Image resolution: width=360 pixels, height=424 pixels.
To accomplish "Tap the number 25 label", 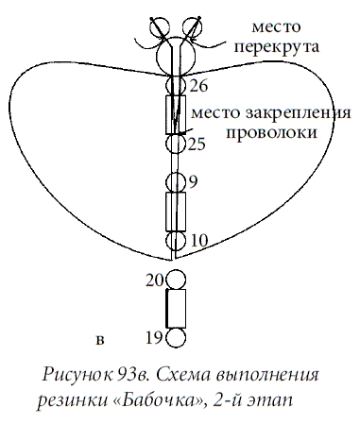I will click(x=197, y=144).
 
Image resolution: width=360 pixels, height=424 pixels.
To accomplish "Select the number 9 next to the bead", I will click(x=193, y=181).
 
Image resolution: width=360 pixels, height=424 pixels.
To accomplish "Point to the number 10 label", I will click(x=197, y=241).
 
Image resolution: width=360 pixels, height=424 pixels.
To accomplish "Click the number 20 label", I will click(x=155, y=279).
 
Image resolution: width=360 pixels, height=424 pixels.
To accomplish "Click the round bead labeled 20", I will click(x=176, y=280).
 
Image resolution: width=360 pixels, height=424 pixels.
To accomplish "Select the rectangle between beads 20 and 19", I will click(x=176, y=309).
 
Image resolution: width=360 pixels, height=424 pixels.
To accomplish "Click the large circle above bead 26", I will click(x=176, y=56).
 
